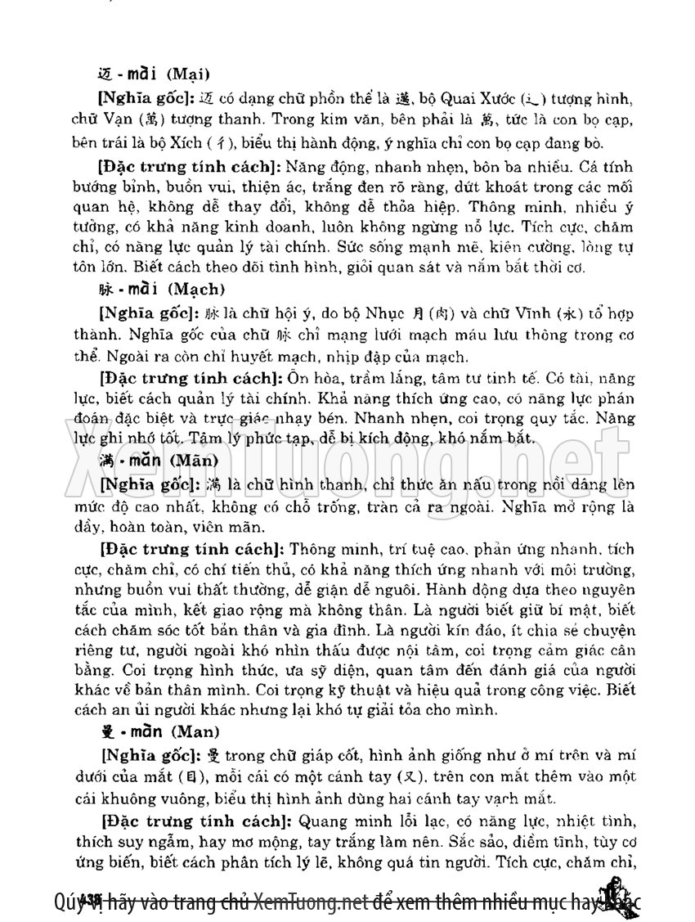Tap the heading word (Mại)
[190, 73]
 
